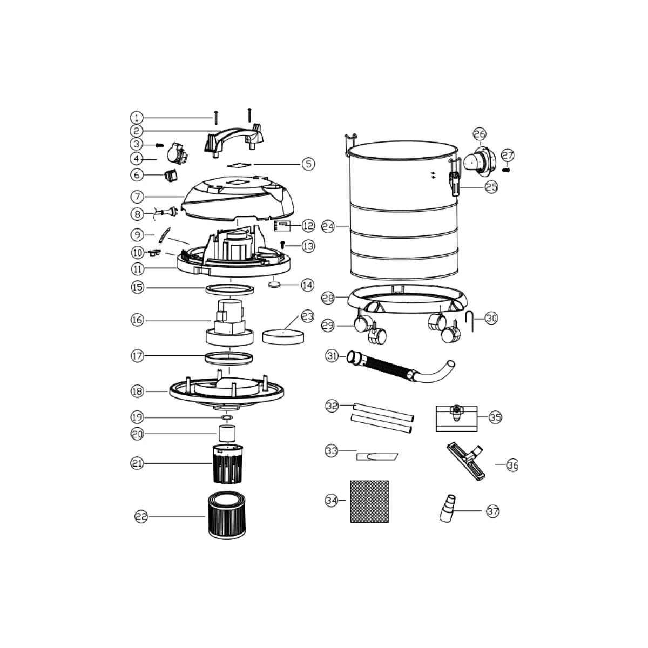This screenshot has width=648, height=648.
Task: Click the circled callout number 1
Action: click(137, 118)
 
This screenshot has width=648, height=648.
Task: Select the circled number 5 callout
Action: click(308, 164)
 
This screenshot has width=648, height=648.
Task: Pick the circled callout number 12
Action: click(308, 226)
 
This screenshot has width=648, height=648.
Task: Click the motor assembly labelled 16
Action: click(230, 322)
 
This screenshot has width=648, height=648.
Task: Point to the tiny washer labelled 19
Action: click(227, 417)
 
